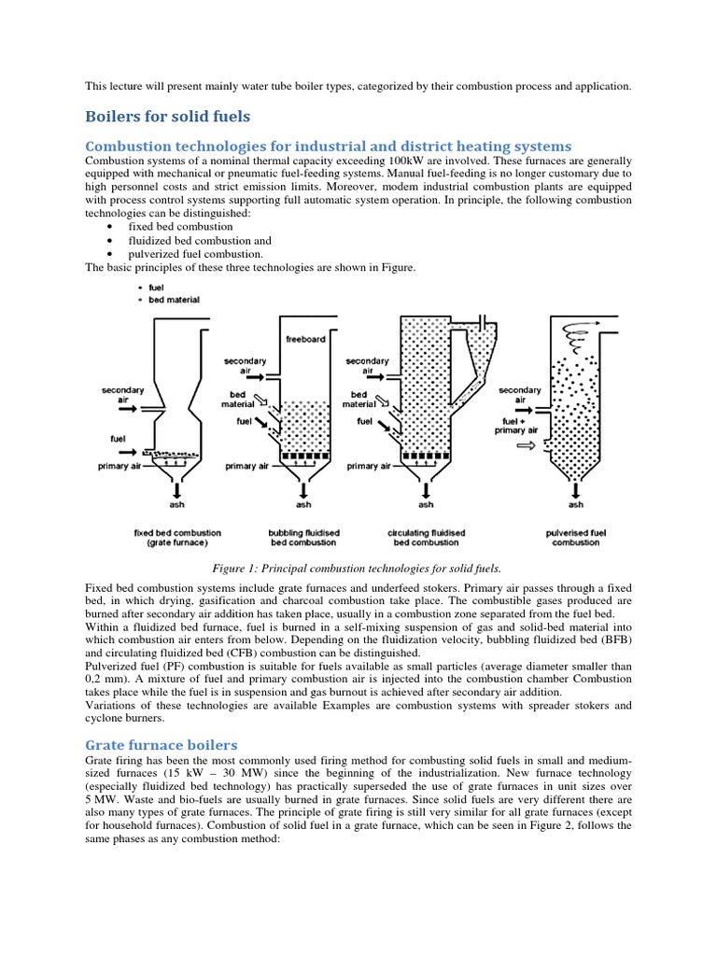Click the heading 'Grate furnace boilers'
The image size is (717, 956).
(x=162, y=745)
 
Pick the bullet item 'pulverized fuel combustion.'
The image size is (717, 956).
(x=185, y=254)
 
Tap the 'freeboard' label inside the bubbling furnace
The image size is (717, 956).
(x=304, y=339)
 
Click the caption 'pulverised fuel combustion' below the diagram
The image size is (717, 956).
(x=576, y=537)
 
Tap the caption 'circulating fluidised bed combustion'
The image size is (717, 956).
(x=426, y=537)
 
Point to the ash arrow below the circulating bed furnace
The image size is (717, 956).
(x=426, y=488)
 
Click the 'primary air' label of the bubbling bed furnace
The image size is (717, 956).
(x=247, y=466)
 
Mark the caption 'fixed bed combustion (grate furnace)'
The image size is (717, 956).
(x=172, y=537)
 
